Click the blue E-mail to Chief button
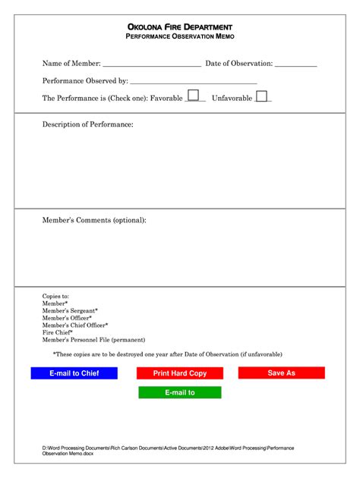(74, 373)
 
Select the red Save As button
(281, 373)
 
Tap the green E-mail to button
(180, 392)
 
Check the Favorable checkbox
(194, 96)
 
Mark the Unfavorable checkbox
(261, 96)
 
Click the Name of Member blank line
(151, 64)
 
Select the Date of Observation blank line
(295, 64)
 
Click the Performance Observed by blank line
(194, 80)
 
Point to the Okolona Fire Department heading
(180, 27)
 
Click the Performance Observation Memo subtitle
(180, 37)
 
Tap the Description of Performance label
(87, 124)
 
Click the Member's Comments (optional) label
(94, 220)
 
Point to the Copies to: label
(55, 296)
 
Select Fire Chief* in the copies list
(58, 332)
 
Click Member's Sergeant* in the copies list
(70, 310)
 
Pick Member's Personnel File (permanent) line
(93, 340)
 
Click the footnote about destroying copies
(167, 354)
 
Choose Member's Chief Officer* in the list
(75, 325)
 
